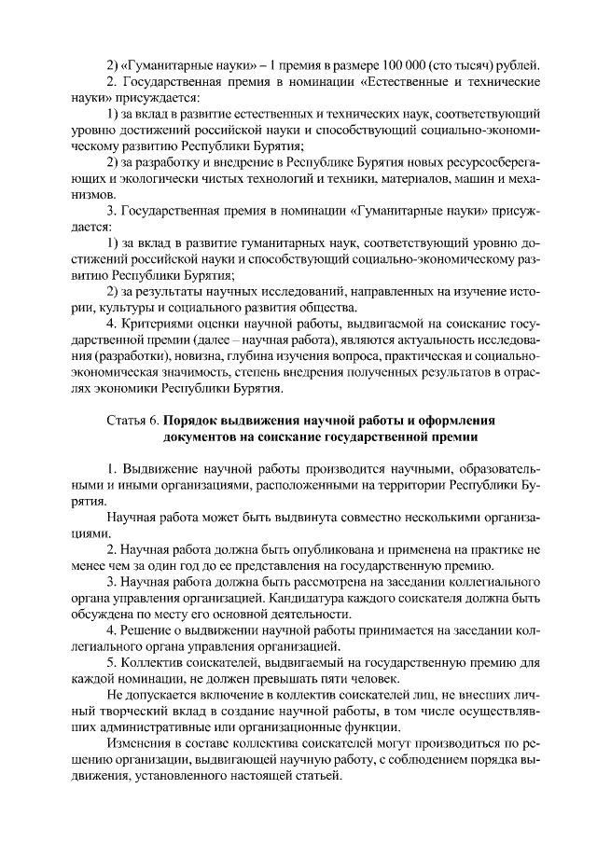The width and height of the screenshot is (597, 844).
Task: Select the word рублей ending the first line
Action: [520, 64]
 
